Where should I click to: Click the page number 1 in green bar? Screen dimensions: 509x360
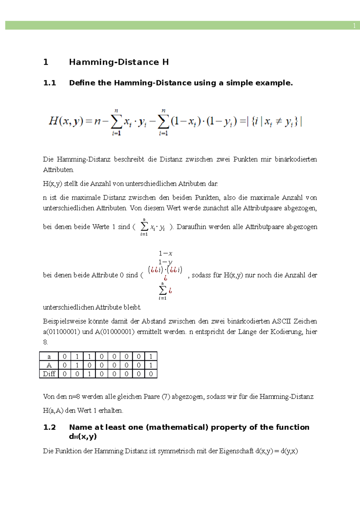[354, 26]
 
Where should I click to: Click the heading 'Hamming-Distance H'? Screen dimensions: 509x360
[119, 62]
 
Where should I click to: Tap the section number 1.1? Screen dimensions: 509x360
[49, 83]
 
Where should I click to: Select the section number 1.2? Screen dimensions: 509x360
[49, 427]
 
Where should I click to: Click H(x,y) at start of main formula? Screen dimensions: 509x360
[66, 121]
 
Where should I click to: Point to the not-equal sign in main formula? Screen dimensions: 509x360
[278, 122]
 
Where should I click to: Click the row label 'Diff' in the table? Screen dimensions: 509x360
[49, 374]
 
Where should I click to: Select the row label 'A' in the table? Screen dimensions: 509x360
[49, 365]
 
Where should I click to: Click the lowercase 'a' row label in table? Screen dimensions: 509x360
[49, 356]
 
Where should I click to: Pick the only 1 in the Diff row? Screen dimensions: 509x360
[89, 374]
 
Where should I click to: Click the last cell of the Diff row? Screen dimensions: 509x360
[151, 374]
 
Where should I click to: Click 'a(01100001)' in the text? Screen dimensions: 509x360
[61, 332]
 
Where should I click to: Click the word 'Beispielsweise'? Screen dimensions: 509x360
[64, 321]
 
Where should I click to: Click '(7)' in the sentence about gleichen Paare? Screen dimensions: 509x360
[166, 397]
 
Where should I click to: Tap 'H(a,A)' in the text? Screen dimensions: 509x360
[53, 410]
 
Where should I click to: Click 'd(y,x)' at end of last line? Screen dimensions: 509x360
[289, 451]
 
